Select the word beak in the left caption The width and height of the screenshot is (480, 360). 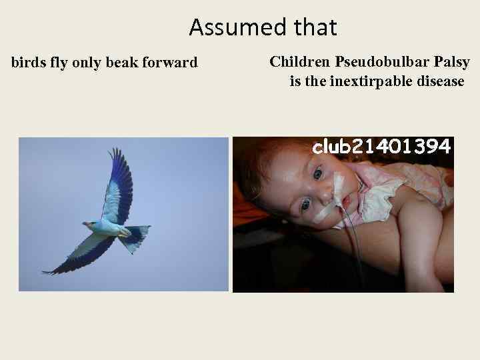(115, 63)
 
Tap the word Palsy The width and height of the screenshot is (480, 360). (452, 63)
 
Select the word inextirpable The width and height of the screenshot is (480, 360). (369, 82)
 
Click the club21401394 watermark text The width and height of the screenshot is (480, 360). (382, 147)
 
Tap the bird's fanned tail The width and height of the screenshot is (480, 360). (136, 237)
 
